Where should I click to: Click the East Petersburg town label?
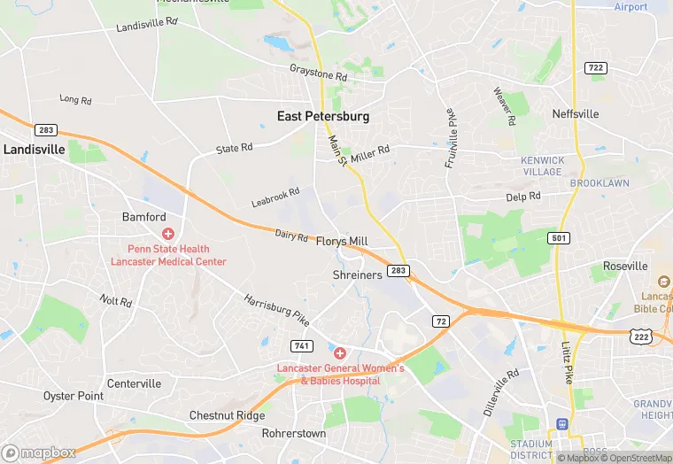[323, 116]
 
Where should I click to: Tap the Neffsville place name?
[576, 114]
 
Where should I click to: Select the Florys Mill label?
[342, 241]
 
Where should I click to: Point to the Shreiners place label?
[358, 275]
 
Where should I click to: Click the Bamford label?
[143, 217]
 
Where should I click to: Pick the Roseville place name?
[625, 266]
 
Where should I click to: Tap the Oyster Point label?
[73, 396]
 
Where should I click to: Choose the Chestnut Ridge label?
[227, 415]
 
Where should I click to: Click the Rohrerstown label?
[294, 434]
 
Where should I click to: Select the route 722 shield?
[595, 67]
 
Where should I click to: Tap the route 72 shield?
[440, 320]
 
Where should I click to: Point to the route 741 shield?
[301, 344]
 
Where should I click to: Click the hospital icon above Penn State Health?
[167, 234]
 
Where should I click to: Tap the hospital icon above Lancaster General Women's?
[339, 353]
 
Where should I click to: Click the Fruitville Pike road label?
[451, 137]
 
